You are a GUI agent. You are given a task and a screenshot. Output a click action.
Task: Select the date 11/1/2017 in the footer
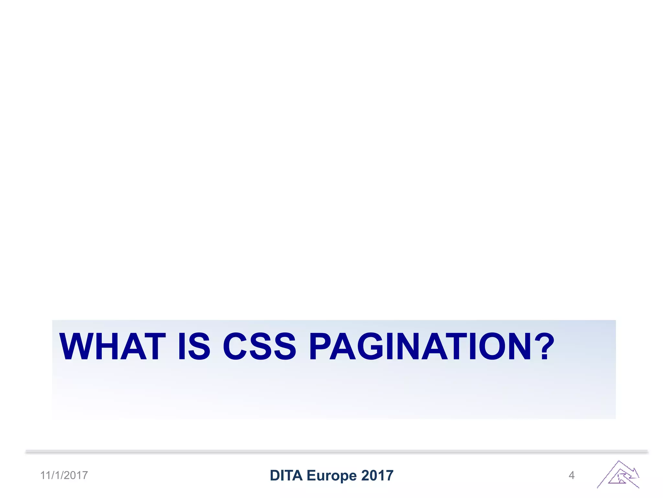click(64, 475)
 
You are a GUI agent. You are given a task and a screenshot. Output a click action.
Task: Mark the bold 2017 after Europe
click(377, 475)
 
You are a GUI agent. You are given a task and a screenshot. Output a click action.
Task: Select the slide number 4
click(571, 475)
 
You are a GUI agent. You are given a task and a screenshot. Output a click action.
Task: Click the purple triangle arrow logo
click(618, 475)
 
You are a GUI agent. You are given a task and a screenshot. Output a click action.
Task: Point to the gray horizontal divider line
click(337, 452)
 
